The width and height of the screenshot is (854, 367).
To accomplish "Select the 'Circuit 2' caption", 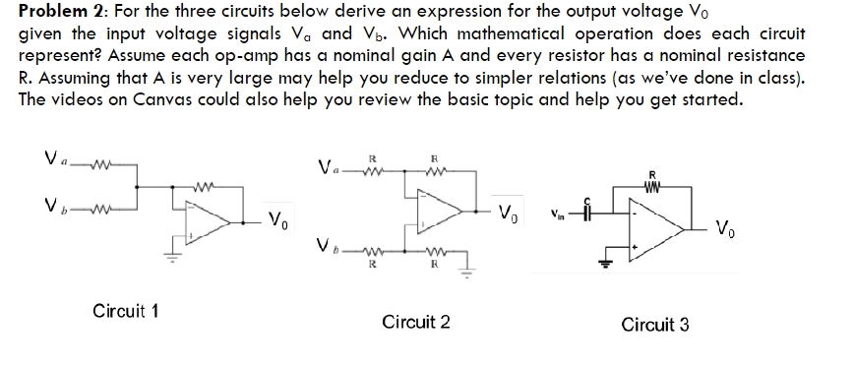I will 416,322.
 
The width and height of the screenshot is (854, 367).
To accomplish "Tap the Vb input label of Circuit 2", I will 331,244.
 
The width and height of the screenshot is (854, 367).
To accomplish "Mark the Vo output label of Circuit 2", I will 509,214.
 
